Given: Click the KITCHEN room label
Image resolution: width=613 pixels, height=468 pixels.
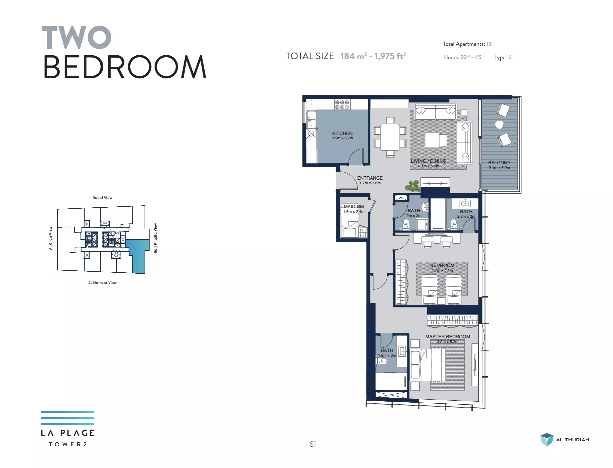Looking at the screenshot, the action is click(342, 133).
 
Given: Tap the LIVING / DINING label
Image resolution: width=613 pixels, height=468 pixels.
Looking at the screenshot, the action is click(428, 161).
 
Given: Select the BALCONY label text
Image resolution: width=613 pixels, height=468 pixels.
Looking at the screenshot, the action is click(499, 163).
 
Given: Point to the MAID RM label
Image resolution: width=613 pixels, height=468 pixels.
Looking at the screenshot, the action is click(354, 207).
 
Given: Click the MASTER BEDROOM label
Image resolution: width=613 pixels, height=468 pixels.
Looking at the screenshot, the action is click(448, 337).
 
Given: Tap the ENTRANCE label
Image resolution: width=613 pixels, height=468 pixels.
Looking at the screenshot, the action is click(370, 178).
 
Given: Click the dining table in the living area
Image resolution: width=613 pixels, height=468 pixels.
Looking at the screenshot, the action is click(390, 137).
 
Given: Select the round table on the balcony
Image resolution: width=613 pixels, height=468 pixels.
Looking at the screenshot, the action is click(499, 125).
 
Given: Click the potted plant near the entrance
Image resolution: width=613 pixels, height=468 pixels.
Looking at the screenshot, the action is click(413, 186).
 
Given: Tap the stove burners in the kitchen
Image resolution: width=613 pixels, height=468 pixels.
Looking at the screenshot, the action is click(342, 105).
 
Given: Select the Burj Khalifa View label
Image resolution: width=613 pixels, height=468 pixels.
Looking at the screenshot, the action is click(156, 238).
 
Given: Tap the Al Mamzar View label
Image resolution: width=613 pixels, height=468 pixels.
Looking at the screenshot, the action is click(102, 283).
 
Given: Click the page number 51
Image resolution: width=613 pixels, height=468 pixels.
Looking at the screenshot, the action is click(313, 444).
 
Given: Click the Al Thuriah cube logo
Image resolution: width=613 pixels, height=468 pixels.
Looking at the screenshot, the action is click(547, 440).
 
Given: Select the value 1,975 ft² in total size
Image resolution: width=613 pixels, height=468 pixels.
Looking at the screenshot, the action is click(390, 56).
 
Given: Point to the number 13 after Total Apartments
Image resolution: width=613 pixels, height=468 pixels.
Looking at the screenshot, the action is click(489, 44).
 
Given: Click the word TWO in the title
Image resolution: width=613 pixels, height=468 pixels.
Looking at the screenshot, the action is click(76, 37).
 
